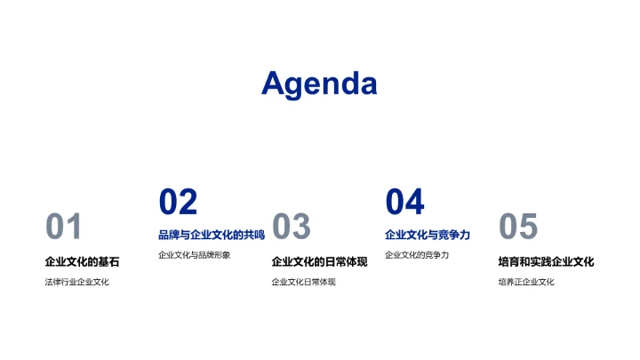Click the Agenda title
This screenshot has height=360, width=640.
(319, 84)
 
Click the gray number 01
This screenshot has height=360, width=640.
(64, 228)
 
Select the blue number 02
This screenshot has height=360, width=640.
(178, 203)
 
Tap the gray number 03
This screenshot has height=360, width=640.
(291, 228)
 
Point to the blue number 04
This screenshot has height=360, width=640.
(404, 203)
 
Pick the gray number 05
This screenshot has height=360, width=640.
(518, 228)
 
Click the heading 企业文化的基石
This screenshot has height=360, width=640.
(82, 262)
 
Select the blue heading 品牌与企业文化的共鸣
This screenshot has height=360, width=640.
(212, 235)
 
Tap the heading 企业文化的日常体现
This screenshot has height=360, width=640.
(319, 262)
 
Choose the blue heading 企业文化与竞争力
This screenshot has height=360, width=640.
(428, 235)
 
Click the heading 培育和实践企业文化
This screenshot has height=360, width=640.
(546, 262)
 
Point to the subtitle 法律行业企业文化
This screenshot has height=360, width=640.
(76, 283)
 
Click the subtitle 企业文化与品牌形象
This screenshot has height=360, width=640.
(194, 255)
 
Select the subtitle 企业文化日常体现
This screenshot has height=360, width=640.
(303, 283)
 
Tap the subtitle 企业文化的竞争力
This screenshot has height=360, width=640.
(417, 255)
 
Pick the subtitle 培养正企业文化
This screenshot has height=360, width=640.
(526, 283)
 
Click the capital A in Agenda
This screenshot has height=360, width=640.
(273, 83)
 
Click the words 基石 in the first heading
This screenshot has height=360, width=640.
(108, 262)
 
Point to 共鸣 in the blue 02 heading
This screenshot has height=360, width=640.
(254, 235)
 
